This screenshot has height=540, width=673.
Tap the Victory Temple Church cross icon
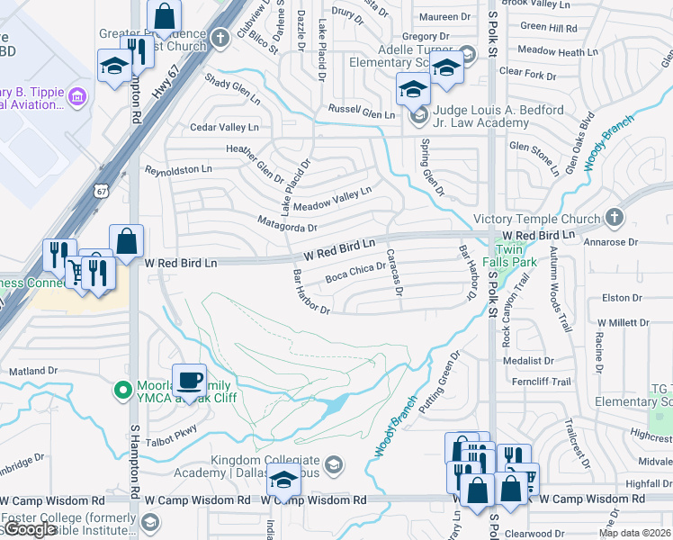click(614, 218)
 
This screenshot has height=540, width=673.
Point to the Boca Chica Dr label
click(355, 270)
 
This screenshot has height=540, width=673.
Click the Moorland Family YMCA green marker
click(123, 390)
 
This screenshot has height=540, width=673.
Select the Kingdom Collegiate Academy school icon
click(333, 464)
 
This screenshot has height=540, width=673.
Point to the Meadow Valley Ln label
click(332, 200)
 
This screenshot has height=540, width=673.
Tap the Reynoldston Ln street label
click(178, 169)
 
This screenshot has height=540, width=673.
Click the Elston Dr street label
click(622, 298)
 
